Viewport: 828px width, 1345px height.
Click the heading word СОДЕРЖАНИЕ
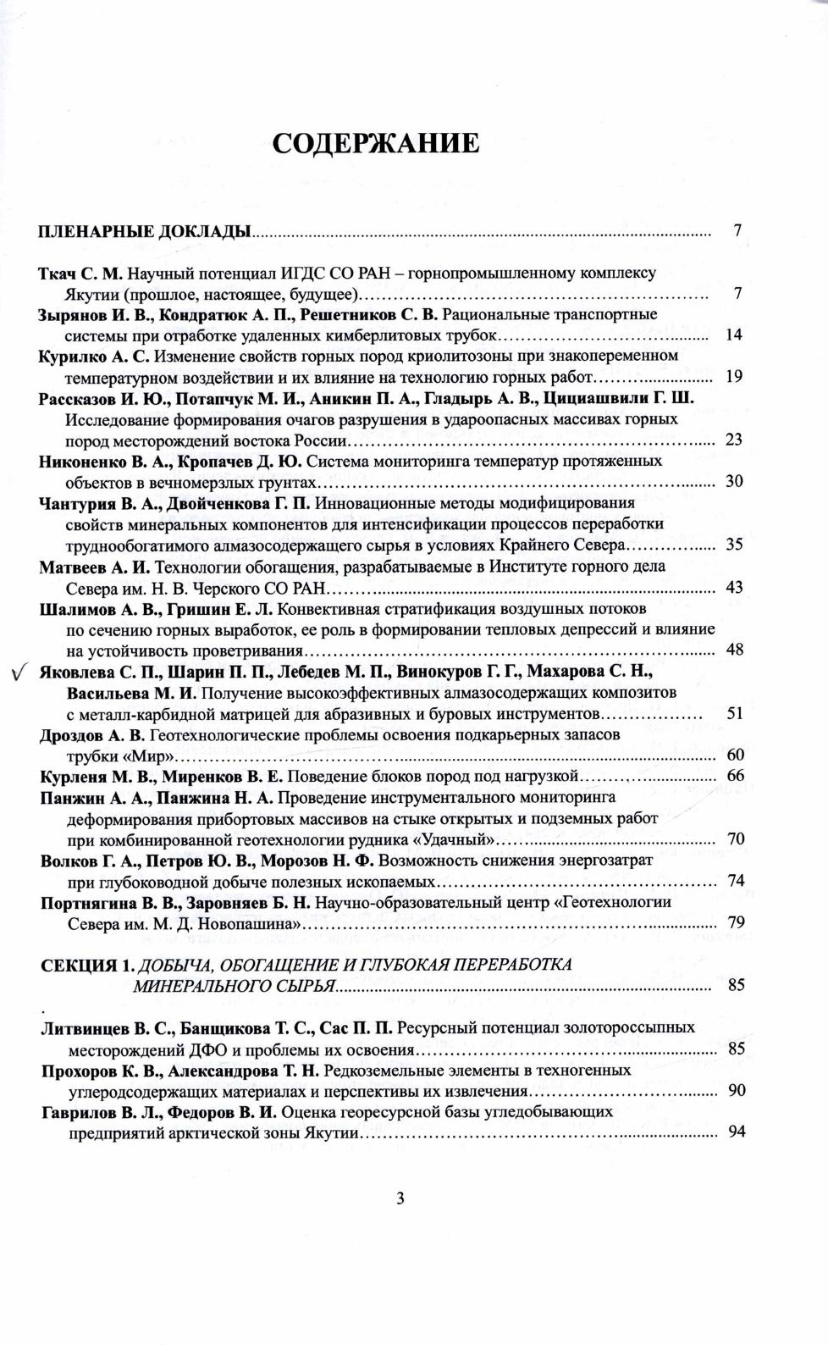[376, 143]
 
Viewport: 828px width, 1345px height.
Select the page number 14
[734, 335]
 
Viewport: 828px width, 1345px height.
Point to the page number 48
[734, 650]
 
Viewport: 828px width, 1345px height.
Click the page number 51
[734, 713]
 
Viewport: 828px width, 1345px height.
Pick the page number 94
[736, 1132]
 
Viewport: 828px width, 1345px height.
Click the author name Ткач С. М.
[81, 274]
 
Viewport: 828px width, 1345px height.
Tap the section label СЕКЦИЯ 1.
[87, 964]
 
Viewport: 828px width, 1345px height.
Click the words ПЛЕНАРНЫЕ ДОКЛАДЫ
[145, 230]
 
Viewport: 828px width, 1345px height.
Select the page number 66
[735, 777]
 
